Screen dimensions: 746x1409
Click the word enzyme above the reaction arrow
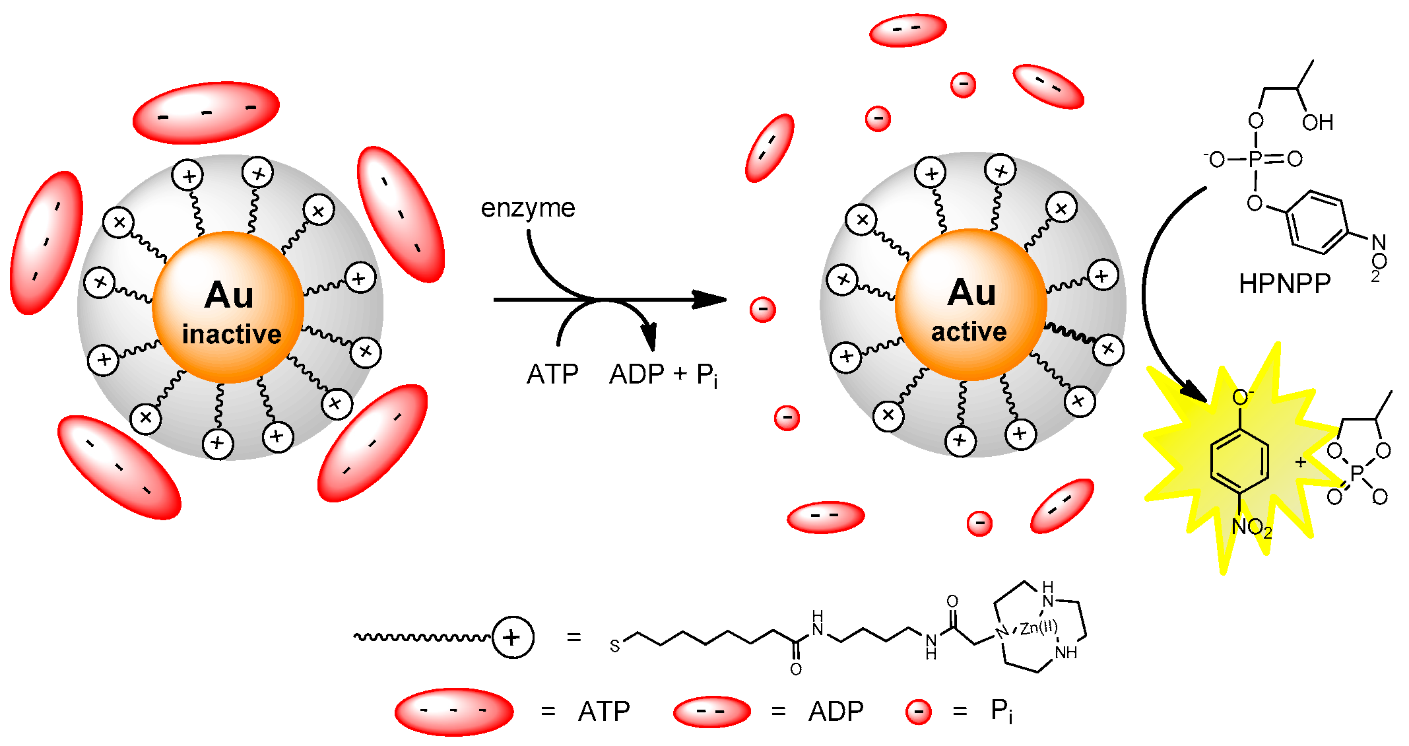coord(527,208)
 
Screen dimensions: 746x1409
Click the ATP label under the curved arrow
coord(552,375)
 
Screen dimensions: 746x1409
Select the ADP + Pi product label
coord(663,375)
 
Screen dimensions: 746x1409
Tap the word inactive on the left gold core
coord(231,334)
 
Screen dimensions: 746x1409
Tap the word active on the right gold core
coord(969,331)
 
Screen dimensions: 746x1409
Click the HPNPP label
coord(1284,284)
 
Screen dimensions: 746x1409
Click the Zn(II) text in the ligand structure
coord(1038,627)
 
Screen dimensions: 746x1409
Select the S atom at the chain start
coord(614,646)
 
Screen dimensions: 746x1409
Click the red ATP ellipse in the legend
coord(454,712)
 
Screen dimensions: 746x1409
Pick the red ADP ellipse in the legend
coord(711,712)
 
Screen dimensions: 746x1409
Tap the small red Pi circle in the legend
coord(918,712)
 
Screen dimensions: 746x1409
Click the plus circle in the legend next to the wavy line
coord(513,638)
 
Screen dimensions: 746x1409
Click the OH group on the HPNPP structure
coord(1317,123)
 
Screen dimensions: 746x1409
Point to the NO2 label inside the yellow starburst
coord(1251,527)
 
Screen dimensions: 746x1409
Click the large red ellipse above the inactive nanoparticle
coord(206,112)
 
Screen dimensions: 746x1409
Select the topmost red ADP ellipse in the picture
coord(907,30)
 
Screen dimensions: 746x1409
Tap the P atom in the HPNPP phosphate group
coord(1255,158)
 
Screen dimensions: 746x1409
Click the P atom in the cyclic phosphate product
coord(1357,473)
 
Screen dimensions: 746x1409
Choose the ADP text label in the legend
coord(836,712)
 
